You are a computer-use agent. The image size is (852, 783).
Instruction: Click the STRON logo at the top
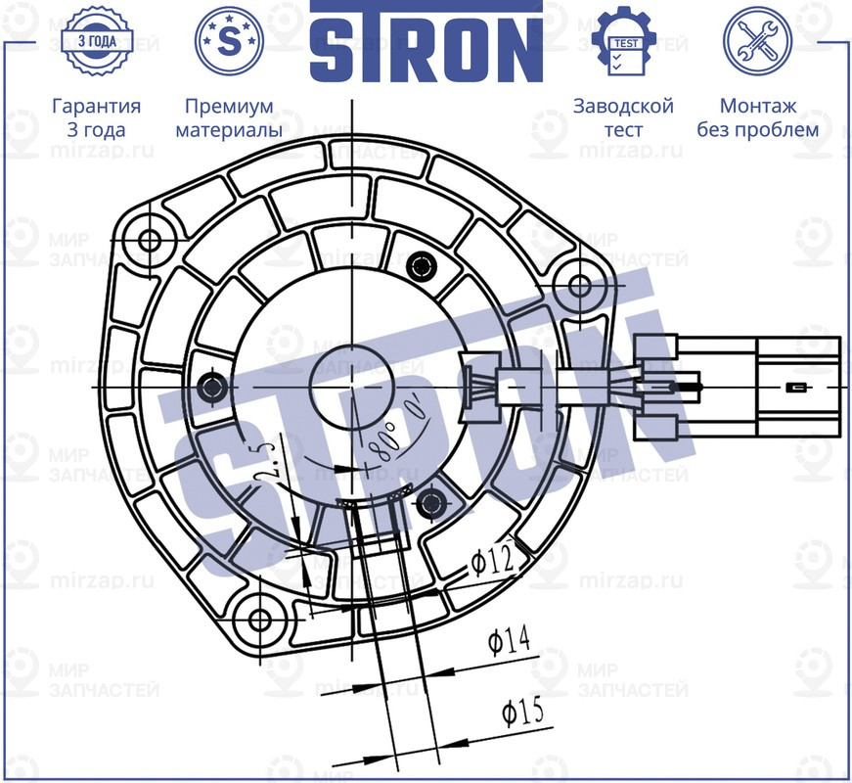pos(426,41)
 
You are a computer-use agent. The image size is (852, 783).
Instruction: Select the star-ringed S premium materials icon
pos(230,41)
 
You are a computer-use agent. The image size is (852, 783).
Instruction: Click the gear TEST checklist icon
pos(624,41)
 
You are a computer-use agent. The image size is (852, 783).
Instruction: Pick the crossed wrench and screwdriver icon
pos(757,41)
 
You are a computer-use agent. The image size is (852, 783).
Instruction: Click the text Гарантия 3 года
pos(97,117)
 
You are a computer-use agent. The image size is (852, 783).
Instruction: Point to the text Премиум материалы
pos(230,117)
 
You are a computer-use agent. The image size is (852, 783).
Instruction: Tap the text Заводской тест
pos(624,117)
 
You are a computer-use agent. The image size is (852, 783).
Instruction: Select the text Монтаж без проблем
pos(757,117)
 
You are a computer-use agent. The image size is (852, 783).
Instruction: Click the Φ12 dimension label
pos(491,562)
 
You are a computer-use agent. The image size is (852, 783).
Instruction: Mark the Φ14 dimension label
pos(509,641)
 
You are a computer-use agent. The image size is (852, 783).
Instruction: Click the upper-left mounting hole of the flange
pos(150,241)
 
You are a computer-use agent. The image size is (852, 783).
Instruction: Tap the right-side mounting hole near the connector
pos(579,286)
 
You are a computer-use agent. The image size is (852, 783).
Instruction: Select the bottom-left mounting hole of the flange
pos(260,620)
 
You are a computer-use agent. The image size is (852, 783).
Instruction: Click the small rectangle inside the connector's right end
pos(797,389)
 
